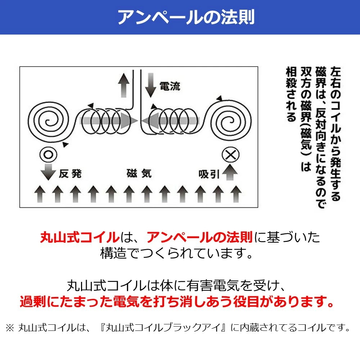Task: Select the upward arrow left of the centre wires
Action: click(x=123, y=85)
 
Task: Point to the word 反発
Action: click(x=71, y=174)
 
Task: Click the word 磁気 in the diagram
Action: click(x=139, y=174)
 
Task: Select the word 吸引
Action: click(x=209, y=174)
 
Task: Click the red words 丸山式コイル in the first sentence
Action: click(x=80, y=238)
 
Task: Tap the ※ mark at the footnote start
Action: click(x=10, y=328)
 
